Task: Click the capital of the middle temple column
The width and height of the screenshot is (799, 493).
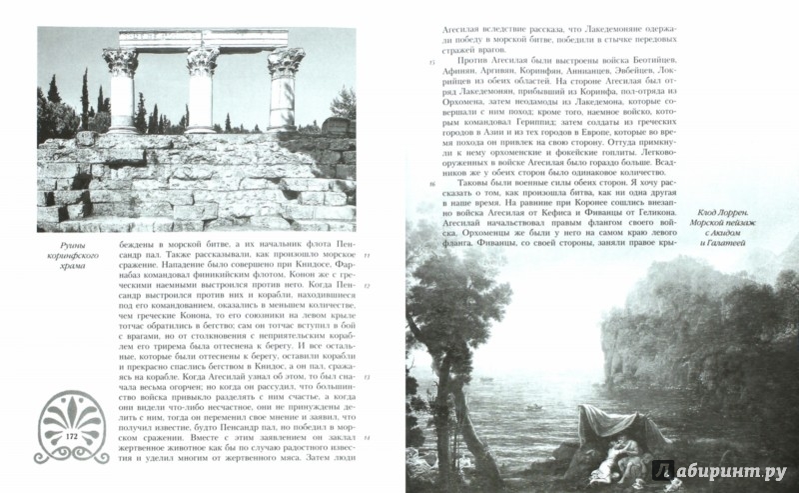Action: coord(201,58)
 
